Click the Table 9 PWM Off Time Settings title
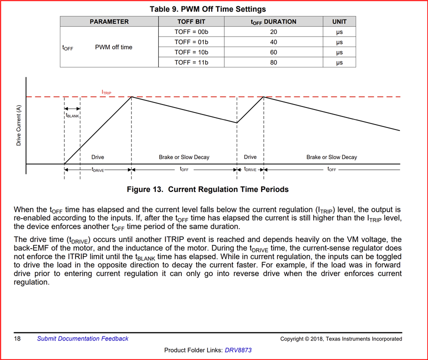point(208,9)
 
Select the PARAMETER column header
point(109,21)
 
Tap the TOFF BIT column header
point(191,21)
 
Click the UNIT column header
point(339,21)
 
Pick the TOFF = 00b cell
point(191,32)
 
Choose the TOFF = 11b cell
point(191,62)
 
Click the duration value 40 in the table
point(273,42)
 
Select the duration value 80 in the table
point(273,62)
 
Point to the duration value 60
point(273,52)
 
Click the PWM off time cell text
point(114,47)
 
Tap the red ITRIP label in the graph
point(107,92)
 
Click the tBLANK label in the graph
point(72,115)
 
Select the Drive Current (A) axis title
point(19,125)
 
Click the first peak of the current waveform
point(131,97)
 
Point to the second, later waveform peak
point(264,97)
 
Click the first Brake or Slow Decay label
point(184,157)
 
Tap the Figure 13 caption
point(208,189)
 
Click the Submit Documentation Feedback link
point(83,338)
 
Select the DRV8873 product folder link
point(238,350)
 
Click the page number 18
point(17,338)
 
